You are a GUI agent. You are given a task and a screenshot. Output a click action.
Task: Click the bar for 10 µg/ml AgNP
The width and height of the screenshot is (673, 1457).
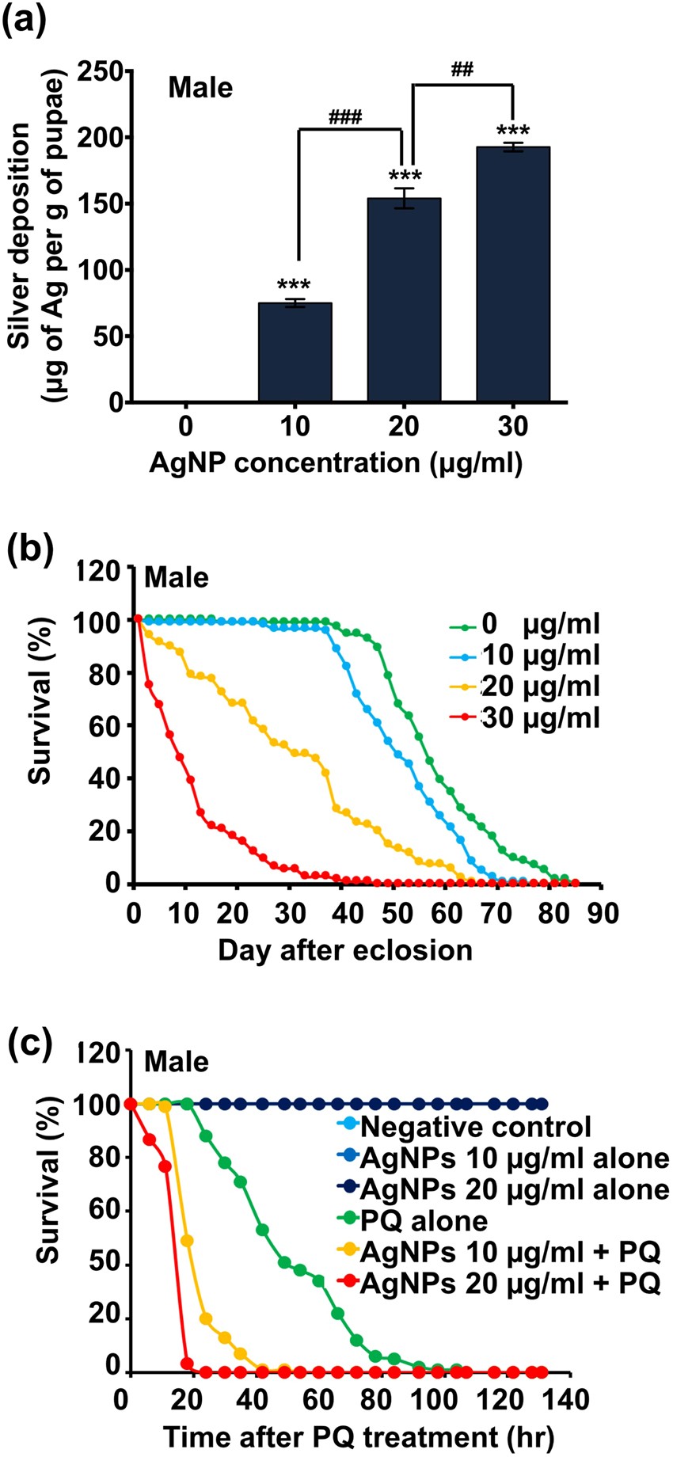(295, 352)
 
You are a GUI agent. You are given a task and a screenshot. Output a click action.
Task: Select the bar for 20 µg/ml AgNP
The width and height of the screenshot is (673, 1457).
(404, 301)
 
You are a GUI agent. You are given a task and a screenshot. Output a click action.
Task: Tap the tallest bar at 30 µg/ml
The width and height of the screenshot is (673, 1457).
(513, 275)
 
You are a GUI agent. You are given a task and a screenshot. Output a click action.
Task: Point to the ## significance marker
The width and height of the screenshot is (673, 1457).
(462, 70)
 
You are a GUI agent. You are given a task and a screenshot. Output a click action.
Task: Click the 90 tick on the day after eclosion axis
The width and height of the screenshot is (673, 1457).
(604, 912)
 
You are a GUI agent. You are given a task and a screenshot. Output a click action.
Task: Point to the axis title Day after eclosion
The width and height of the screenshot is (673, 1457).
(346, 949)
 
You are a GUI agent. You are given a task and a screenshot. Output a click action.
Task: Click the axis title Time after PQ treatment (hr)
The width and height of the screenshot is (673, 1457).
(359, 1436)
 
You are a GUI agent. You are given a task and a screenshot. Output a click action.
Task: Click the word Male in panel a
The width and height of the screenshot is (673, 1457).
(200, 87)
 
